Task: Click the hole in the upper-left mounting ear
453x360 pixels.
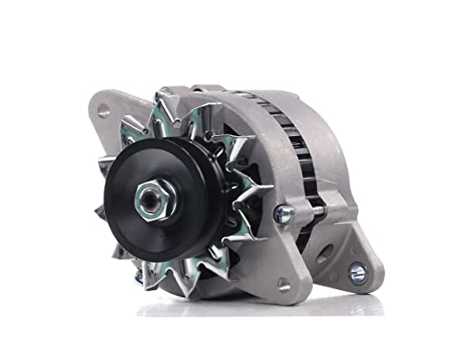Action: [x=103, y=111]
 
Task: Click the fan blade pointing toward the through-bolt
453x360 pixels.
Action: [x=258, y=194]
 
